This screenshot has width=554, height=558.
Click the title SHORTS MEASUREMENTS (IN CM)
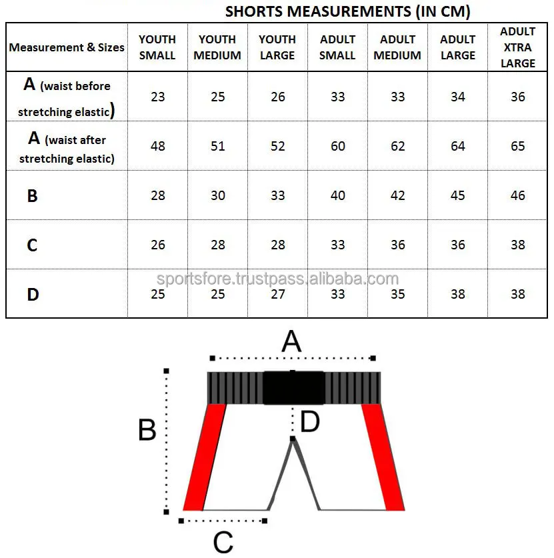pyautogui.click(x=347, y=11)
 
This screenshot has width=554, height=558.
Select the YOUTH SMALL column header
pyautogui.click(x=157, y=47)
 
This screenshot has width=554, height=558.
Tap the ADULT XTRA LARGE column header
pyautogui.click(x=517, y=47)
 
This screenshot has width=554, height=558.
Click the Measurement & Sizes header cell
pyautogui.click(x=67, y=47)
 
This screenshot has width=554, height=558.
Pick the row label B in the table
pyautogui.click(x=32, y=196)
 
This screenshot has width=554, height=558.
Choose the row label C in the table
pyautogui.click(x=32, y=245)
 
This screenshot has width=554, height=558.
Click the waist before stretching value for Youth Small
pyautogui.click(x=157, y=97)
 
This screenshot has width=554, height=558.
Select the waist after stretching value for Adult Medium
pyautogui.click(x=397, y=146)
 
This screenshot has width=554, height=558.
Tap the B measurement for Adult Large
pyautogui.click(x=457, y=196)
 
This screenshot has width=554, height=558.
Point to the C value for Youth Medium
pyautogui.click(x=218, y=245)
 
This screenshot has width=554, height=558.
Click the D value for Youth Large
pyautogui.click(x=278, y=294)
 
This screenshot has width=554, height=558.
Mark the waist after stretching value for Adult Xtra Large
pyautogui.click(x=517, y=146)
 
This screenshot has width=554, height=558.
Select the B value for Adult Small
pyautogui.click(x=338, y=196)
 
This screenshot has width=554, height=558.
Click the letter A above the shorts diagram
pyautogui.click(x=291, y=342)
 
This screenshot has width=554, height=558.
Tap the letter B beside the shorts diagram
pyautogui.click(x=147, y=430)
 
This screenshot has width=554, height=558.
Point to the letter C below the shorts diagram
pyautogui.click(x=223, y=542)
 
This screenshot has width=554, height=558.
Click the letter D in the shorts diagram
pyautogui.click(x=310, y=422)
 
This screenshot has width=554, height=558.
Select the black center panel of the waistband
pyautogui.click(x=293, y=388)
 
